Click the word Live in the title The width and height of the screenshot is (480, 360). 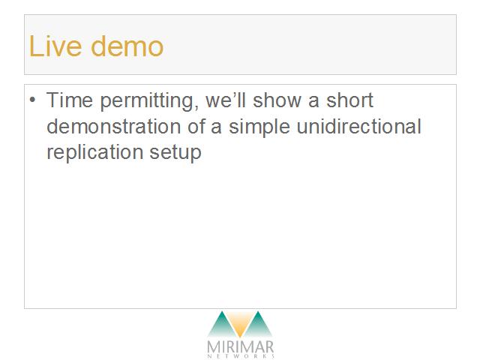[55, 46]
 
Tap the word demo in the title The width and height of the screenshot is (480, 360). [127, 46]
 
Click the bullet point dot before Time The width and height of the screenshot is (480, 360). [32, 100]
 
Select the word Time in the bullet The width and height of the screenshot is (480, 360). [70, 100]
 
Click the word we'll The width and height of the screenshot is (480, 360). [226, 100]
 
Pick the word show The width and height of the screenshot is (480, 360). [277, 100]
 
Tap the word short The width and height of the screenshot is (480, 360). [349, 100]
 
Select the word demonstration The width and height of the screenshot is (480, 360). [113, 126]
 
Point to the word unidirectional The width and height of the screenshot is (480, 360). [358, 126]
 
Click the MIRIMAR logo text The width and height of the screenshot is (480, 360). [240, 347]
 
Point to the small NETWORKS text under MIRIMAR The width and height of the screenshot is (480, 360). [240, 356]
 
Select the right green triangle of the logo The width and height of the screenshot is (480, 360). [258, 325]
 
